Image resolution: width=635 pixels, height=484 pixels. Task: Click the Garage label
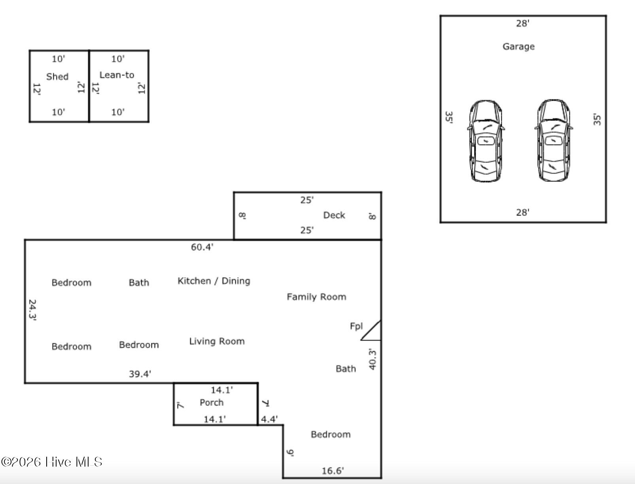click(x=518, y=47)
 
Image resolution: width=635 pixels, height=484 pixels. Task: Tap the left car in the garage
click(x=486, y=141)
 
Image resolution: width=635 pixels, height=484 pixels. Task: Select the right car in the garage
click(x=554, y=141)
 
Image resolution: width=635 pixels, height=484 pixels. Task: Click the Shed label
click(x=57, y=77)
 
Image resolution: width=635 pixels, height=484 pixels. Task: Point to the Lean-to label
click(x=117, y=75)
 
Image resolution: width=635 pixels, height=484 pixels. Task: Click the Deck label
click(x=334, y=215)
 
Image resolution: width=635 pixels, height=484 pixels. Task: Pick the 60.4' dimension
click(x=202, y=247)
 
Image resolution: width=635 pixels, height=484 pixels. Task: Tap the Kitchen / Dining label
click(x=214, y=281)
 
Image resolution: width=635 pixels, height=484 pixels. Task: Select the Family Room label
click(x=316, y=297)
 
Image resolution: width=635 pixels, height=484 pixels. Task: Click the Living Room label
click(x=217, y=341)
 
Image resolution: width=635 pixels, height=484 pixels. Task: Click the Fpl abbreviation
click(x=356, y=326)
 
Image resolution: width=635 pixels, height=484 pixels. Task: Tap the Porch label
click(x=212, y=403)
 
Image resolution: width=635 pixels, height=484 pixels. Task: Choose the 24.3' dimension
click(x=32, y=310)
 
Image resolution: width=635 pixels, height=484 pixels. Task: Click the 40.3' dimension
click(x=372, y=359)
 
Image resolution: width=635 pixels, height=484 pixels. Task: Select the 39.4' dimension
click(x=140, y=374)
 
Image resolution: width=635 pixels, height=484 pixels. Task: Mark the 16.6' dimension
click(x=333, y=471)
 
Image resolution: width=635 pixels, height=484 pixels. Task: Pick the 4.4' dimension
click(x=269, y=419)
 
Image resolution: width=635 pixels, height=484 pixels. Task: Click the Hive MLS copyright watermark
click(x=51, y=462)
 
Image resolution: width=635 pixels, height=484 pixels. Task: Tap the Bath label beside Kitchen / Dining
click(x=139, y=283)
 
